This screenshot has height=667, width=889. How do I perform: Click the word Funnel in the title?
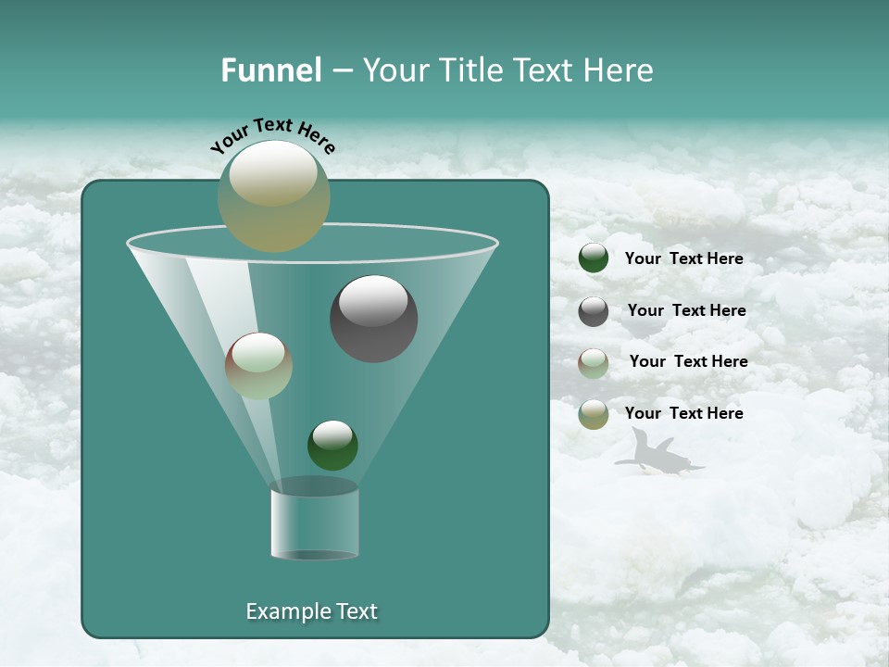pos(270,70)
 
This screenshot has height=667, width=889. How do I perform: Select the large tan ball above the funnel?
pos(274,195)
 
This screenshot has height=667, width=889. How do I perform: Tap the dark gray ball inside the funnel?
pos(374,319)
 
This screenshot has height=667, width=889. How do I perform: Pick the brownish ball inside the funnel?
pos(258,366)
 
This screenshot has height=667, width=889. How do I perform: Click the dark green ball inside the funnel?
pos(332,446)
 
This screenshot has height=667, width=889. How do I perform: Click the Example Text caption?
pos(311,611)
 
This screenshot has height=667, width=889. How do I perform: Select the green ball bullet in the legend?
pos(594,258)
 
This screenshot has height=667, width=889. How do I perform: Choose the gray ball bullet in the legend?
pos(594,311)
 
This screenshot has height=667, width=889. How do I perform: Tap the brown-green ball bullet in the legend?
pos(594,363)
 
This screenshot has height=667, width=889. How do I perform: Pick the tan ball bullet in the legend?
pos(594,414)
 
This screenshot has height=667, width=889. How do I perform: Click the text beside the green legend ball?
pos(683,258)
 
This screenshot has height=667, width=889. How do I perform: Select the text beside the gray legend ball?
pos(686,310)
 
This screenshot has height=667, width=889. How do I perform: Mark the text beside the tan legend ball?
pos(683,413)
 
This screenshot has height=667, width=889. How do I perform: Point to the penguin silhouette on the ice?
pos(658,455)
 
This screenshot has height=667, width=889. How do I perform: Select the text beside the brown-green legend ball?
pos(688,361)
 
